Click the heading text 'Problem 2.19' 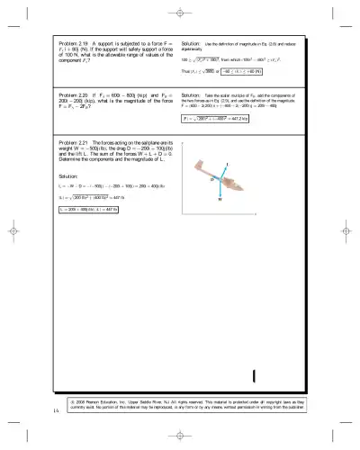(x=75, y=42)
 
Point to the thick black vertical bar (x=256, y=375)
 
